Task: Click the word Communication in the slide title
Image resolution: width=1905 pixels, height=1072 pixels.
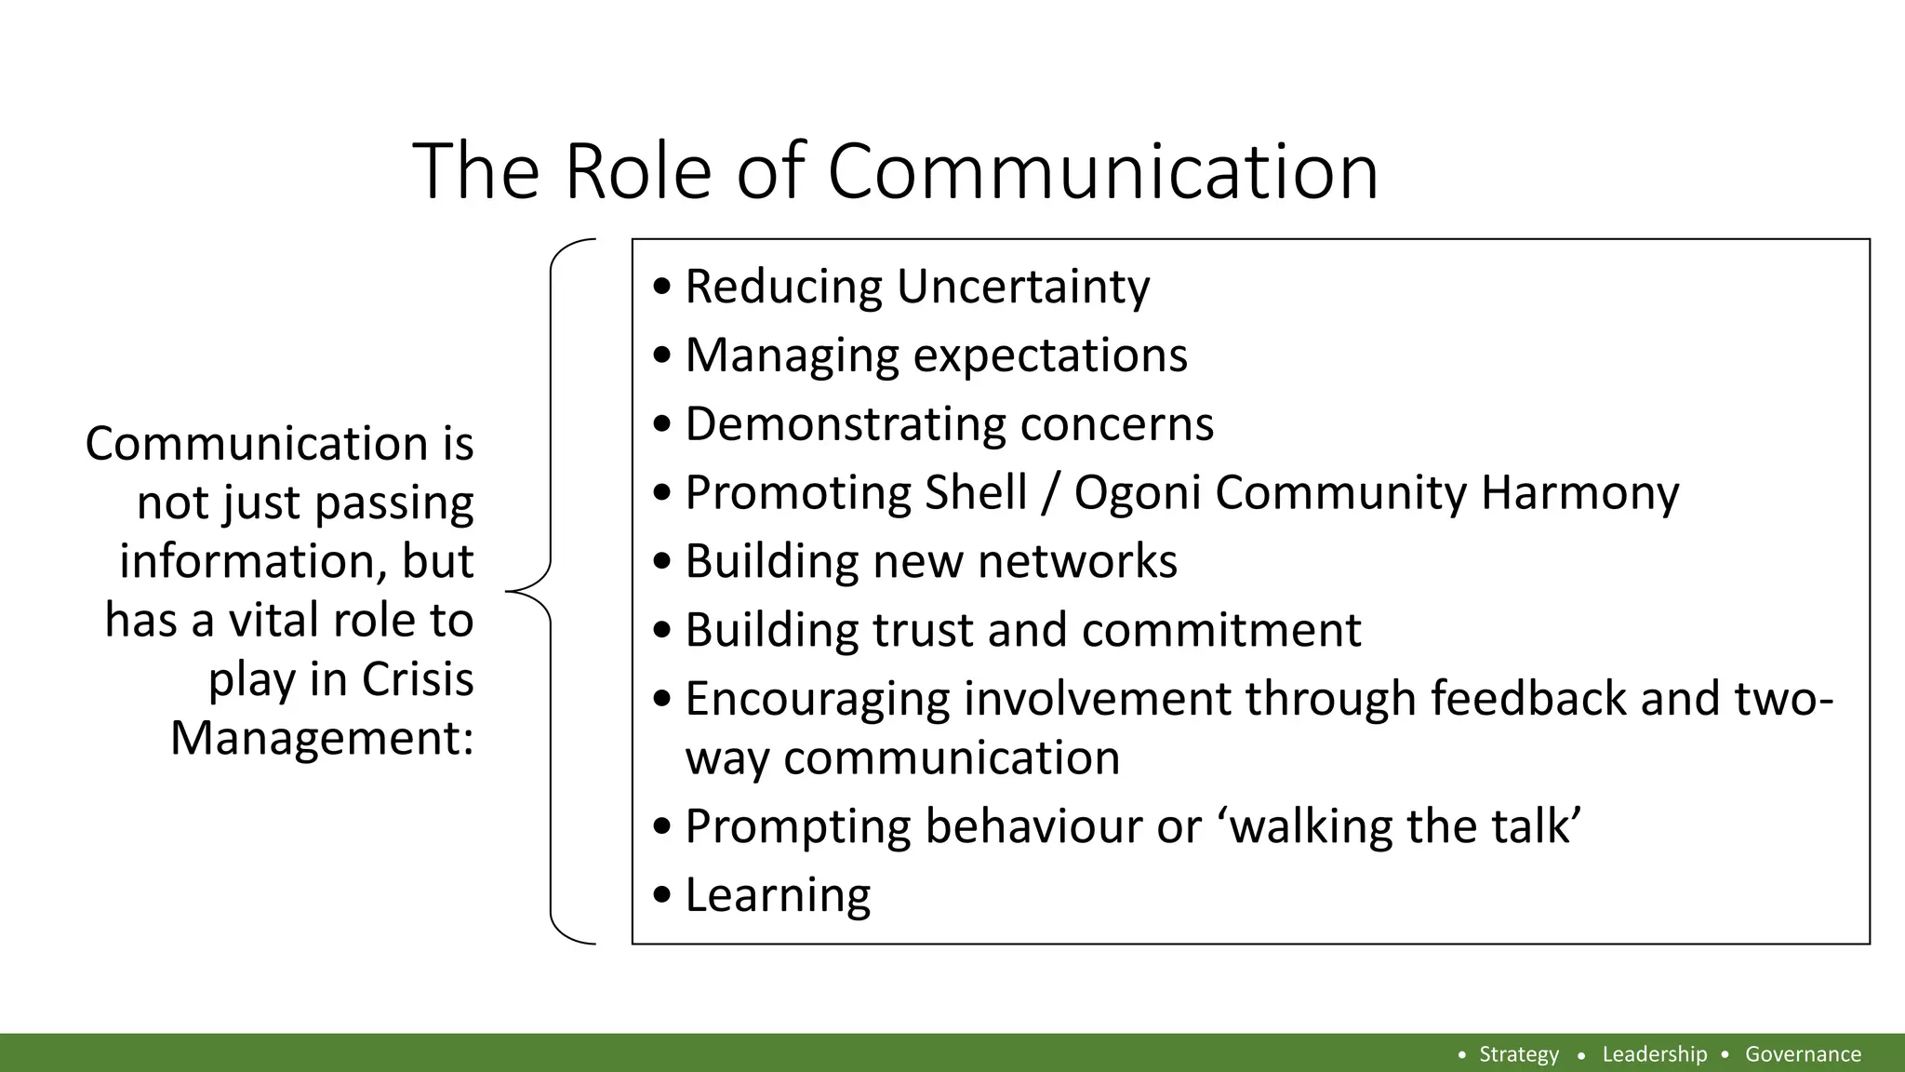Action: (1102, 171)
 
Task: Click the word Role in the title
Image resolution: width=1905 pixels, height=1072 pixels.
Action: (638, 171)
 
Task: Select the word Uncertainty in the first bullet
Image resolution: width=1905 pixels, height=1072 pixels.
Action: (1022, 286)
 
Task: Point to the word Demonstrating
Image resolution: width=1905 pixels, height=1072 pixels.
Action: (845, 423)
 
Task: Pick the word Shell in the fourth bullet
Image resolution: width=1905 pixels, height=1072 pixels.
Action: (975, 492)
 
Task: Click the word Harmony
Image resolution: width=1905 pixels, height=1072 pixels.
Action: (1579, 492)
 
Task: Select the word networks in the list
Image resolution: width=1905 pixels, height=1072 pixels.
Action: (1077, 561)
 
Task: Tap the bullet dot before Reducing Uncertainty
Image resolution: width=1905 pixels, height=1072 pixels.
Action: (661, 288)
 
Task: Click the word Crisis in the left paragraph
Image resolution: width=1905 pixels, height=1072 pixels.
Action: (417, 678)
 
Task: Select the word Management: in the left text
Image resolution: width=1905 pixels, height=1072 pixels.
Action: (322, 738)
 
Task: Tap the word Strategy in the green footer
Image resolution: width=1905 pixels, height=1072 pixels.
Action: (1518, 1054)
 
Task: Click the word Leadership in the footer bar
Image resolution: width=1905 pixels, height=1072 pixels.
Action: (1654, 1054)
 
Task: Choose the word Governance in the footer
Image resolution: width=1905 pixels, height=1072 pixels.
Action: (1802, 1054)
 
